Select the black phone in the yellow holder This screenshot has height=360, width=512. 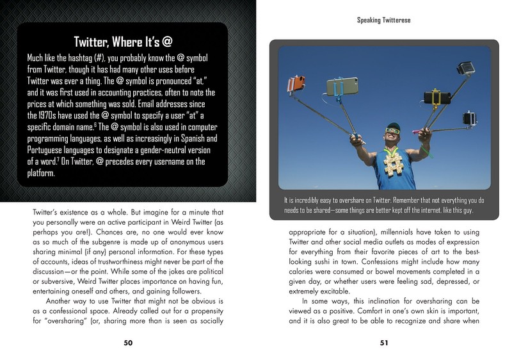[437, 97]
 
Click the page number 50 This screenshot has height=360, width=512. [128, 343]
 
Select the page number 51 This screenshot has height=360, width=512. [384, 343]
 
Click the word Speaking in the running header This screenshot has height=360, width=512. [369, 20]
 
